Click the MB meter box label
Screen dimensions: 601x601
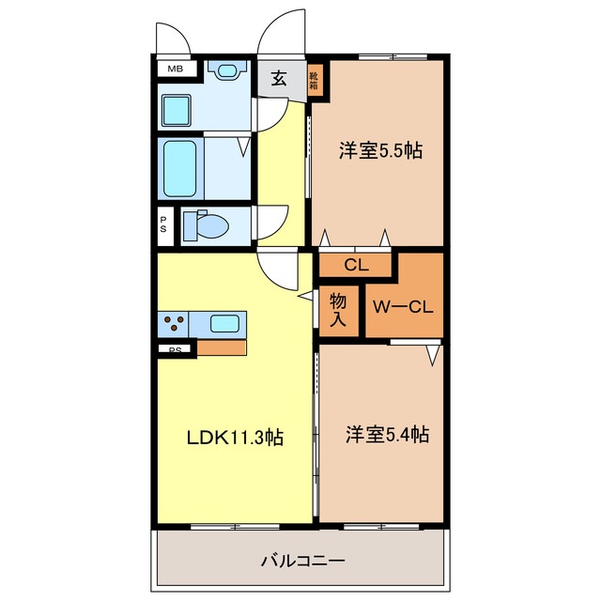coord(176,69)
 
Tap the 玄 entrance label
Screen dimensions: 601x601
coord(279,78)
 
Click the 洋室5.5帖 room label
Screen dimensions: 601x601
coord(380,150)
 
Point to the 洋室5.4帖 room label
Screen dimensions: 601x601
coord(387,434)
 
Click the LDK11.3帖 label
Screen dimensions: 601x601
coord(235,438)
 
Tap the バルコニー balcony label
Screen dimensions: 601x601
coord(302,562)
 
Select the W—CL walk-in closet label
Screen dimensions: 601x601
coord(403,307)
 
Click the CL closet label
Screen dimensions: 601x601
coord(356,265)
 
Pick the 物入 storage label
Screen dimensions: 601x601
coord(338,310)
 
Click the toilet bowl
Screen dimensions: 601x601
coord(207,224)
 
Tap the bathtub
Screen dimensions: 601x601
coord(180,169)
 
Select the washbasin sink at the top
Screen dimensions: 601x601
coord(226,69)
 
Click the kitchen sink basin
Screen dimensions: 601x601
coord(225,323)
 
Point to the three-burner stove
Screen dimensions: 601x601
coord(173,322)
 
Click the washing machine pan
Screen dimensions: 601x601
coord(176,111)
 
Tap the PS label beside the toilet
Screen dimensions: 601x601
coord(163,225)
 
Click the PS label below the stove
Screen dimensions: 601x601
coord(176,349)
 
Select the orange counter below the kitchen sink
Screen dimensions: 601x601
coord(222,347)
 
